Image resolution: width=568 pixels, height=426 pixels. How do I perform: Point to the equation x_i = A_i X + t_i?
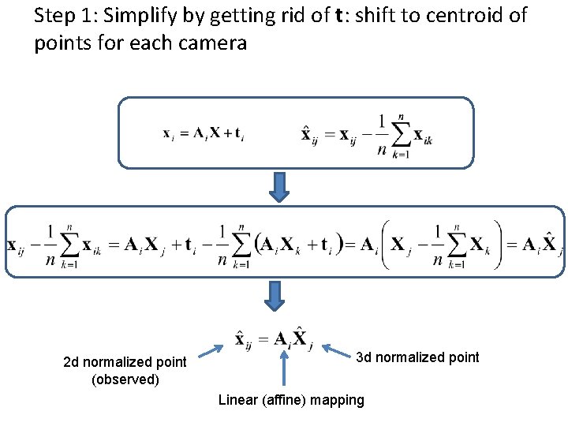click(x=204, y=133)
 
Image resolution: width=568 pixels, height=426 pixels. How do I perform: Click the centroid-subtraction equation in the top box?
click(x=366, y=135)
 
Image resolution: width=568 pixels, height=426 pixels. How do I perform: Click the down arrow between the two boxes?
click(x=280, y=187)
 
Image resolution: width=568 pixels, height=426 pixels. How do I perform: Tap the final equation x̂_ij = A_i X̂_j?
click(x=274, y=339)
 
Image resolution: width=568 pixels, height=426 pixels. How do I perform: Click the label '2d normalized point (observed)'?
click(x=125, y=371)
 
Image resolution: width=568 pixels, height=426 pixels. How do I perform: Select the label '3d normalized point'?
click(x=417, y=357)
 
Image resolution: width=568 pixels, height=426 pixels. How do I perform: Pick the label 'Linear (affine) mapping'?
click(x=291, y=400)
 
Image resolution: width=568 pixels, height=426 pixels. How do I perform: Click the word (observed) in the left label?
click(x=125, y=379)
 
